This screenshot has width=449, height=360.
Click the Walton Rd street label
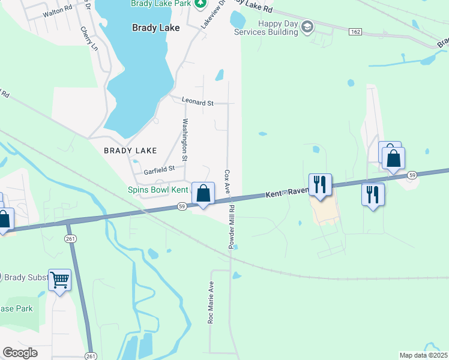[58, 9]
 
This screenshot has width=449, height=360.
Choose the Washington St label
[185, 140]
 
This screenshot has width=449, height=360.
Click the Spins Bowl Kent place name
[158, 190]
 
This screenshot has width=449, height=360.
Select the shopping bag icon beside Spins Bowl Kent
[203, 193]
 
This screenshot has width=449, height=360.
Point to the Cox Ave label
[227, 181]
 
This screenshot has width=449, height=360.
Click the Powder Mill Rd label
[231, 228]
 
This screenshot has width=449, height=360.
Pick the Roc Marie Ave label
[211, 302]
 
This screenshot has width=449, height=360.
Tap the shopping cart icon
[59, 280]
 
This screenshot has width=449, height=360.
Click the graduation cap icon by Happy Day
[307, 26]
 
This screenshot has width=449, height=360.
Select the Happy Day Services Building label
[277, 28]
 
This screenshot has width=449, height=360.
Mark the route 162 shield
[355, 31]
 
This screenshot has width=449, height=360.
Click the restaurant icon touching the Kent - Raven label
[320, 184]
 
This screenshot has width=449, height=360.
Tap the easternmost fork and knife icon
[373, 194]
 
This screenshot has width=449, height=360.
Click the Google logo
[20, 353]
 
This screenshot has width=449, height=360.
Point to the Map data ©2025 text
[423, 355]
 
